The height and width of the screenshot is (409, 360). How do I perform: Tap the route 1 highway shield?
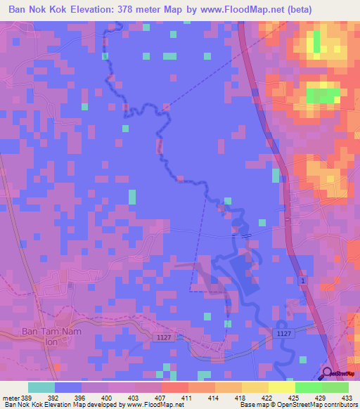pos(303,281)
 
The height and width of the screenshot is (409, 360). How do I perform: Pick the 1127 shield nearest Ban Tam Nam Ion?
pos(163,338)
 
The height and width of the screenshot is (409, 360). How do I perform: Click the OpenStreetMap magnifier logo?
pos(328,374)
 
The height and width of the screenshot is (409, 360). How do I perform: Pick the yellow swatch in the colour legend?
pos(281,387)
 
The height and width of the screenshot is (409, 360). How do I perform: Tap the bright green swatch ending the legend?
pos(335,387)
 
